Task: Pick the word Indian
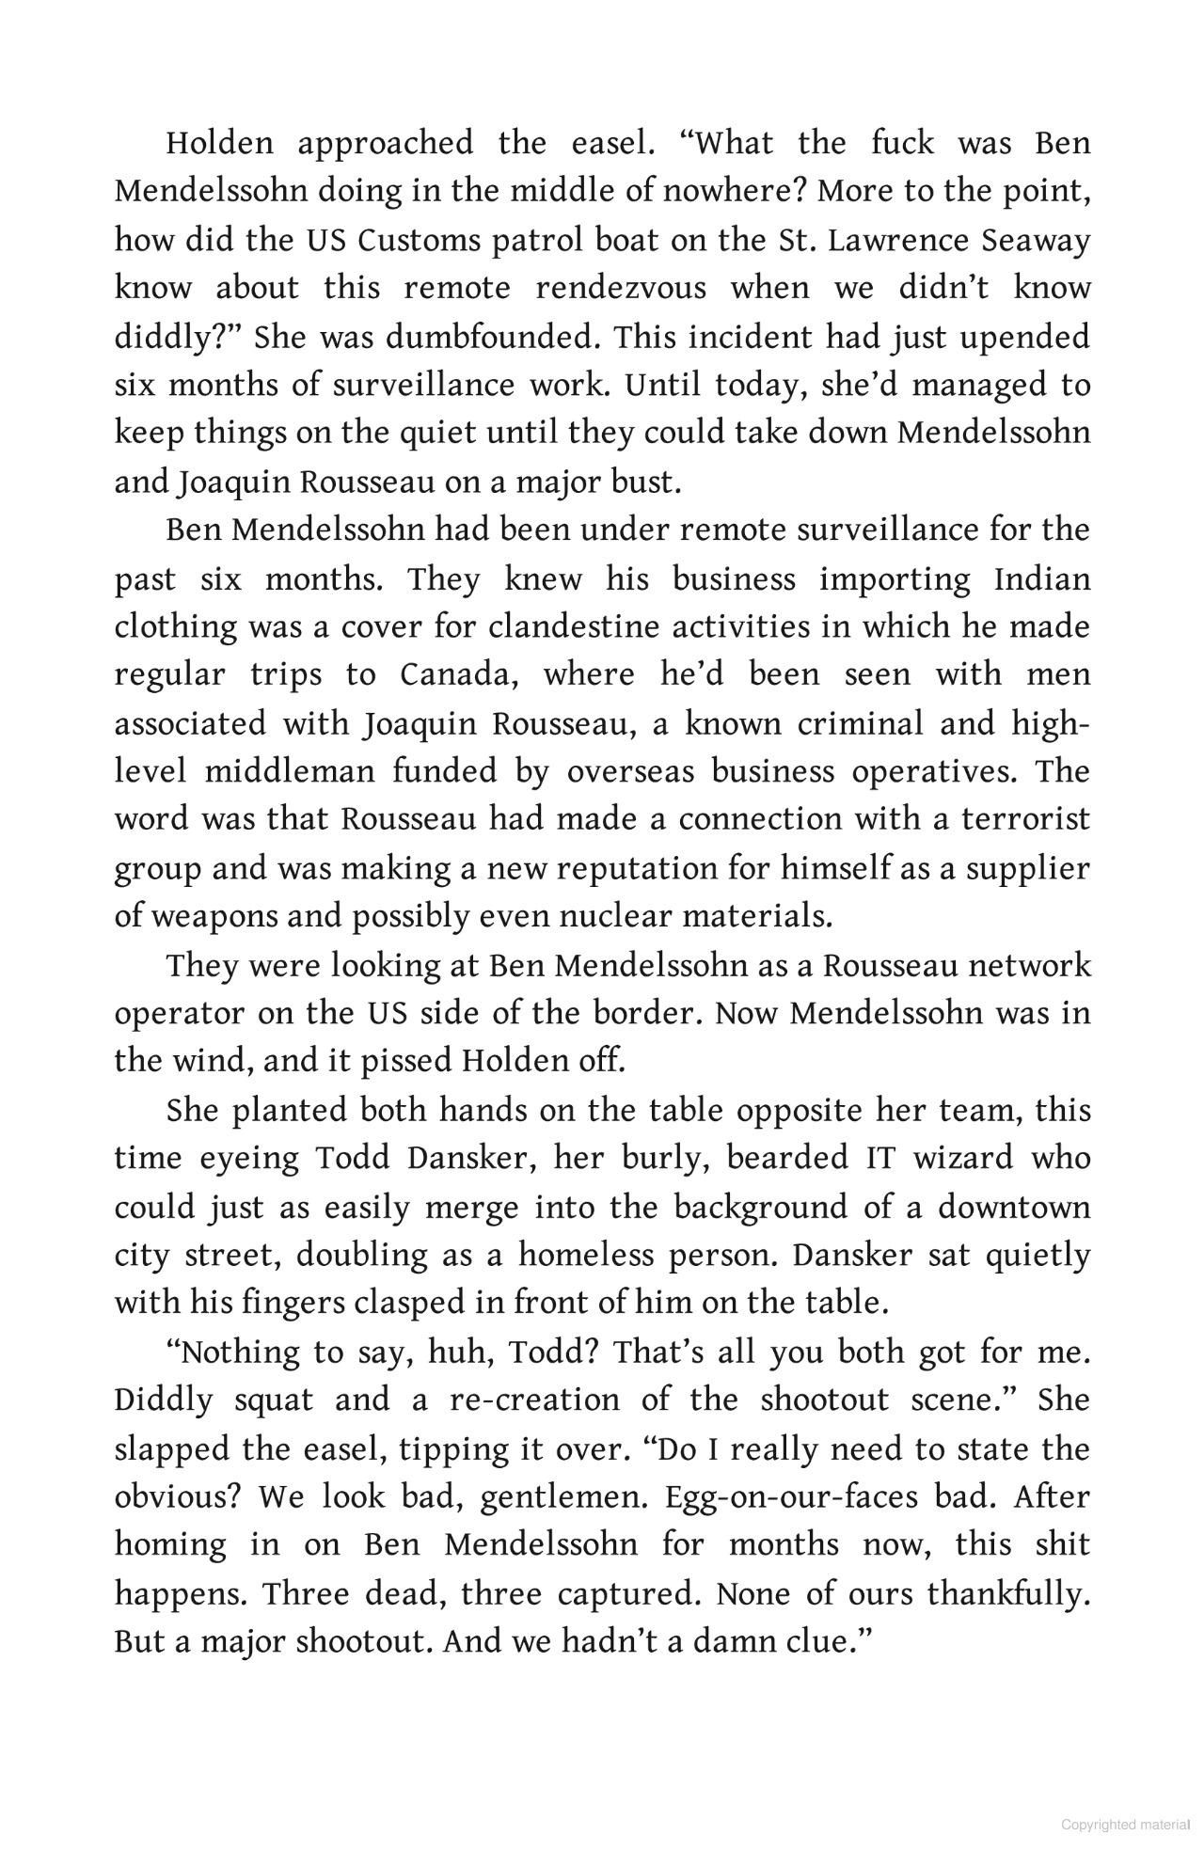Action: [x=1042, y=579]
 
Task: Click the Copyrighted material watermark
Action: [x=1125, y=1825]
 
